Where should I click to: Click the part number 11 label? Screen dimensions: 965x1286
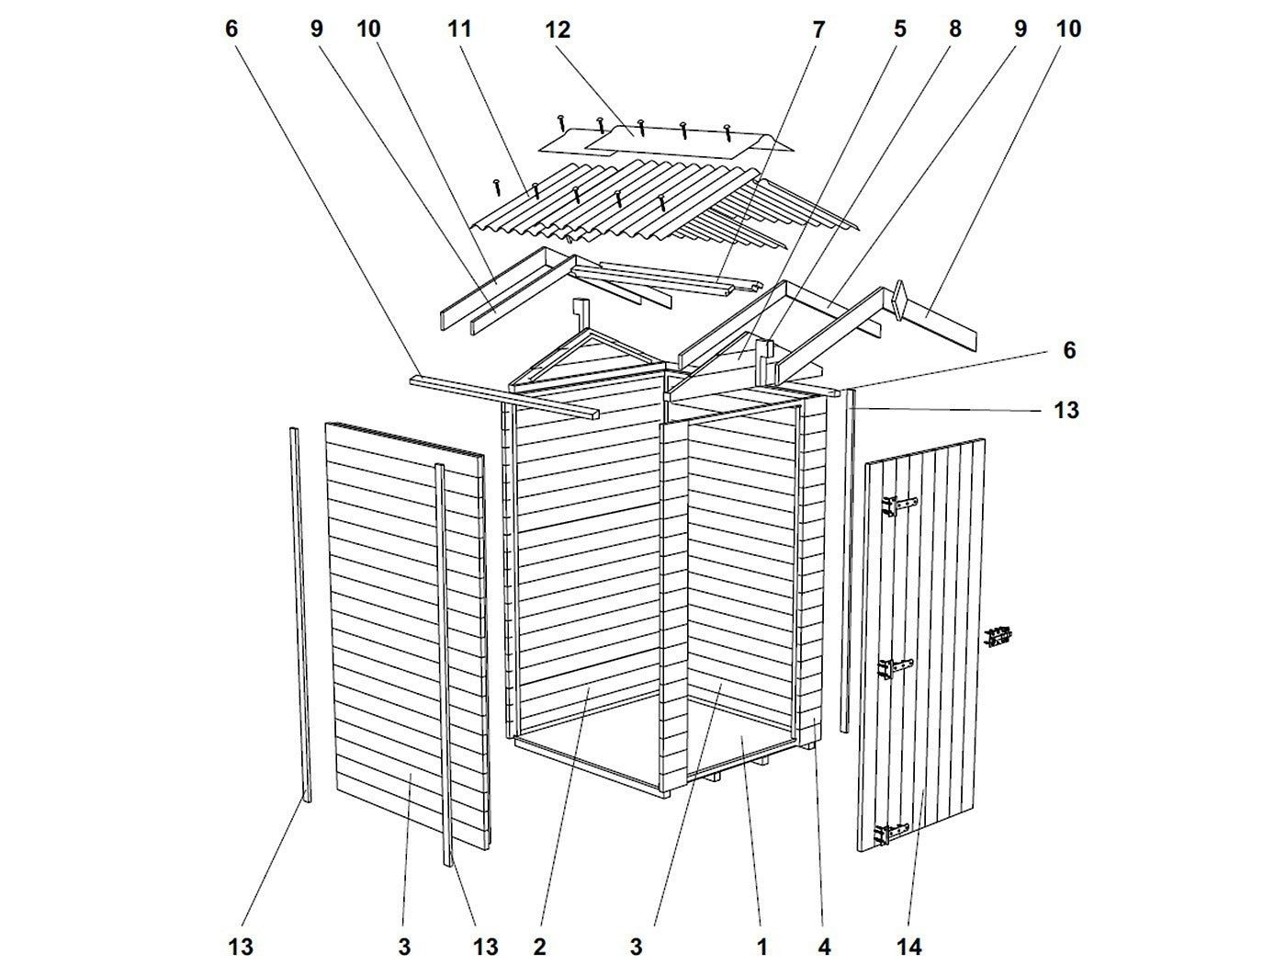click(x=459, y=29)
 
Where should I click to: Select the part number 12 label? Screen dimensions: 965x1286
click(x=557, y=29)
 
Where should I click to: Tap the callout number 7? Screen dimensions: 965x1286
click(x=818, y=29)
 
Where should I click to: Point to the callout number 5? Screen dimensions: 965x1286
click(x=899, y=29)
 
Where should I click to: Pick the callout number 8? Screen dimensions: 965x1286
click(x=954, y=29)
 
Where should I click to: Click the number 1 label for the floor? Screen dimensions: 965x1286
click(x=761, y=945)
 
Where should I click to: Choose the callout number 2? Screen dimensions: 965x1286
click(x=539, y=945)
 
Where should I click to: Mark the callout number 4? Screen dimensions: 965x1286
click(x=824, y=945)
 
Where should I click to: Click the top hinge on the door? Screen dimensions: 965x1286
click(x=898, y=505)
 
